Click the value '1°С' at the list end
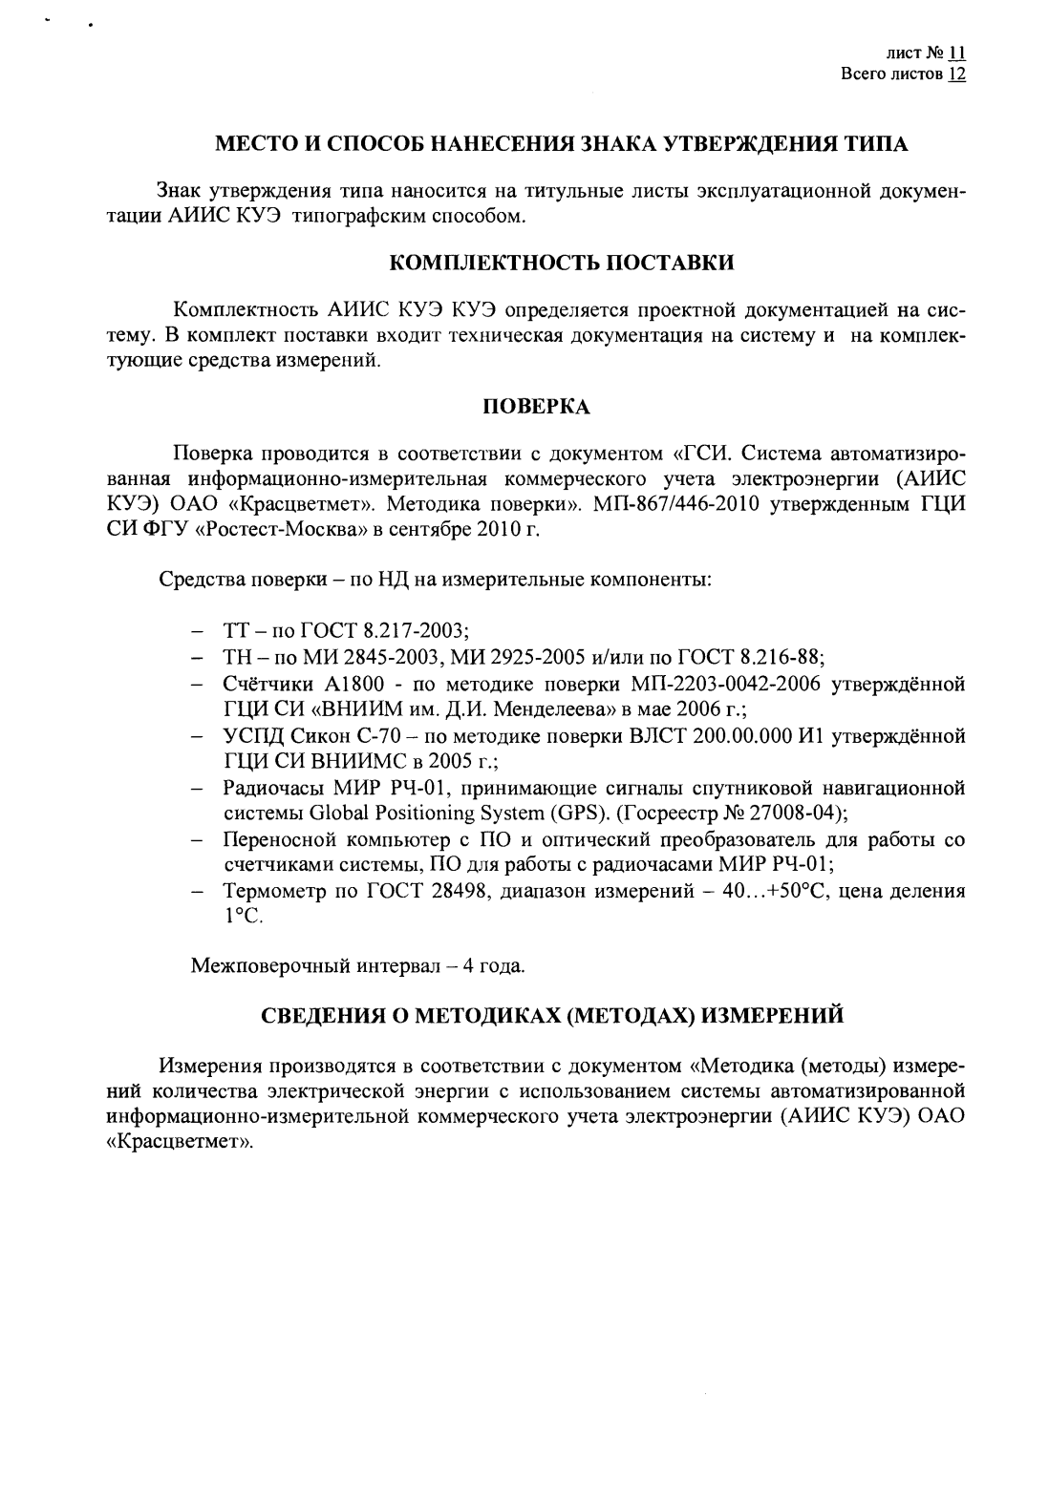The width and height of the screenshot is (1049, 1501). tap(241, 918)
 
